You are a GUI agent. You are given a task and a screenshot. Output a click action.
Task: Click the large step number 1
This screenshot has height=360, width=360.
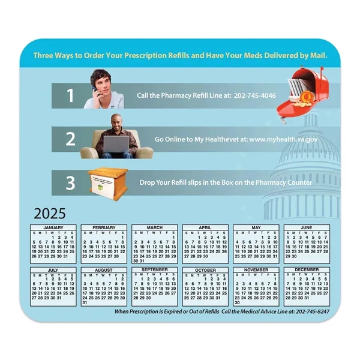click(70, 95)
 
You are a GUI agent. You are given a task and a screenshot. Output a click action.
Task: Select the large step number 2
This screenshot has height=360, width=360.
click(70, 139)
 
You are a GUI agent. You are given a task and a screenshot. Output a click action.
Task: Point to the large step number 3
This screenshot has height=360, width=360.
click(70, 182)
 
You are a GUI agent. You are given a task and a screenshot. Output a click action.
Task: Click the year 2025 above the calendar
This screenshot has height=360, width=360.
click(50, 214)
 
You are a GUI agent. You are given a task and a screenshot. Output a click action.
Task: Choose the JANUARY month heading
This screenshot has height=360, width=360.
click(53, 228)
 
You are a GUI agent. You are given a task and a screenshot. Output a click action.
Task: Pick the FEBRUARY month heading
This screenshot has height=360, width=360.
click(104, 228)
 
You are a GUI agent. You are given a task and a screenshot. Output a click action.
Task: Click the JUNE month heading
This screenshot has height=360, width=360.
click(307, 228)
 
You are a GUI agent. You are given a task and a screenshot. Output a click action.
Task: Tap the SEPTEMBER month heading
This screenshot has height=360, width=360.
click(154, 270)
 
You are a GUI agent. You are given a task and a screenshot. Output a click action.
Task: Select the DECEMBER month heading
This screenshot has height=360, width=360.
click(307, 270)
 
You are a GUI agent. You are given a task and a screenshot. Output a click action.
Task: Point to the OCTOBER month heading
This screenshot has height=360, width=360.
click(205, 270)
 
